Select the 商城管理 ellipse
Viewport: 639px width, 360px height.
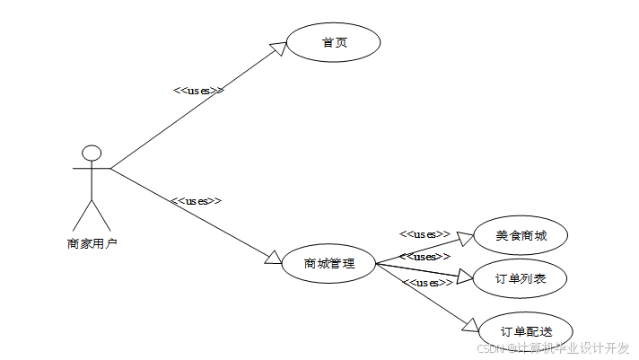tap(328, 264)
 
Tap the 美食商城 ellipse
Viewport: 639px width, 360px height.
tap(521, 237)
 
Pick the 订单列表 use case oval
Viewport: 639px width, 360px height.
tap(521, 279)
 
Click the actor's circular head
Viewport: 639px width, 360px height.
tap(91, 152)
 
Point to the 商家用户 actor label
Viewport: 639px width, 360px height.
tap(92, 242)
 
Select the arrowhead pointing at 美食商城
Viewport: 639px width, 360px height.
tap(465, 237)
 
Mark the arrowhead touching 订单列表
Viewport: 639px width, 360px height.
tap(465, 277)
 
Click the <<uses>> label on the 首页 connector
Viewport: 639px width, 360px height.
tap(197, 90)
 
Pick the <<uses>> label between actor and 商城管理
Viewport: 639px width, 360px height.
tap(196, 200)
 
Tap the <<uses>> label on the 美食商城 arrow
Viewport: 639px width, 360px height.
tap(425, 233)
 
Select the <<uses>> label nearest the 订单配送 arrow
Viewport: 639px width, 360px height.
tap(427, 283)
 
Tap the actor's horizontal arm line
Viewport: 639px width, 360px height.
tap(91, 168)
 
